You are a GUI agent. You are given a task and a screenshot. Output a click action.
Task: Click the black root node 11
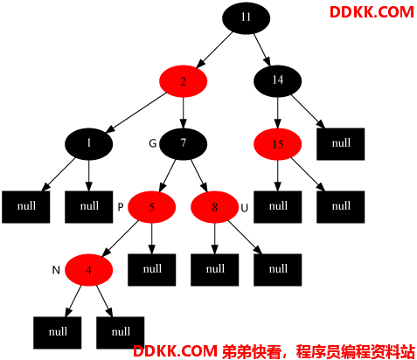click(246, 18)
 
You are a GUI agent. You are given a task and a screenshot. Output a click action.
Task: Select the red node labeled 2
click(183, 81)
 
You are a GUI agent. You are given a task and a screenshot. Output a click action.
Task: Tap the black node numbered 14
click(278, 81)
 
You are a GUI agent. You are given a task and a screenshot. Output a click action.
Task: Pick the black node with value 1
click(88, 144)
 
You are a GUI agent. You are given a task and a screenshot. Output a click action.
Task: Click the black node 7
click(183, 144)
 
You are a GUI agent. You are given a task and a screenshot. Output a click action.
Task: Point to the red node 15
click(278, 144)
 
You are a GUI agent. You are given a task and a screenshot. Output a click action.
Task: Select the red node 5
click(151, 207)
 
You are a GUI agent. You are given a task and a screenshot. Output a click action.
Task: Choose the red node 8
click(214, 207)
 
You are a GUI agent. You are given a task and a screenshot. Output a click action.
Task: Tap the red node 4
click(88, 270)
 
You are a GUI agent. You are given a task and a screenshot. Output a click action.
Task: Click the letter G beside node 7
click(153, 143)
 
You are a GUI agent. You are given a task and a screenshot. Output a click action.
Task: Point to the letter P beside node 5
click(121, 207)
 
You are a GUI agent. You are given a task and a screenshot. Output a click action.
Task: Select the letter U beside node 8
click(244, 208)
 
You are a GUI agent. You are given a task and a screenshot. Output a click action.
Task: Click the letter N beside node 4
click(56, 270)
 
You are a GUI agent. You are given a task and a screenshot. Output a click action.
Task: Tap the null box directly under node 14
click(341, 144)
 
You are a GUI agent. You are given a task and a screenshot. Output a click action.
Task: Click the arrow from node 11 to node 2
click(214, 50)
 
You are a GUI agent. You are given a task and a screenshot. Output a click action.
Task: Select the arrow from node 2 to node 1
click(136, 113)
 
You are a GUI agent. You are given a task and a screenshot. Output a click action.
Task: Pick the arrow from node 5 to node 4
click(120, 239)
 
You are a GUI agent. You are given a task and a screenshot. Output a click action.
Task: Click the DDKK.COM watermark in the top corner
click(372, 12)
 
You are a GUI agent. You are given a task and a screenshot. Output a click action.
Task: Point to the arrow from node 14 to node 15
click(278, 113)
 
